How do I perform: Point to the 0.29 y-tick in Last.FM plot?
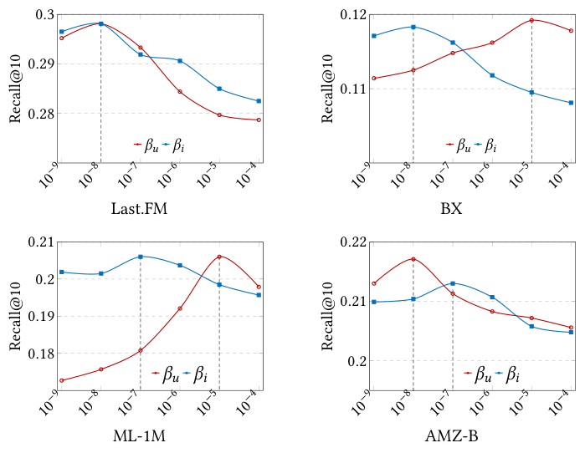tap(38, 64)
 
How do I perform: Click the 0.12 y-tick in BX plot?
tap(350, 15)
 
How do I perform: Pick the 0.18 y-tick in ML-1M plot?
tap(38, 354)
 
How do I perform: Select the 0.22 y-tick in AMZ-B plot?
tap(350, 242)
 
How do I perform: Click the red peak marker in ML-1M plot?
tap(219, 257)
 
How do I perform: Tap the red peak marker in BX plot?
tap(531, 20)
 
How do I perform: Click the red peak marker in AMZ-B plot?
tap(413, 259)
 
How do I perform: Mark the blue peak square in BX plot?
tap(413, 27)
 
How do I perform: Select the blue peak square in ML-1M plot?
tap(140, 257)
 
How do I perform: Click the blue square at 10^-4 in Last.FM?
tap(259, 101)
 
